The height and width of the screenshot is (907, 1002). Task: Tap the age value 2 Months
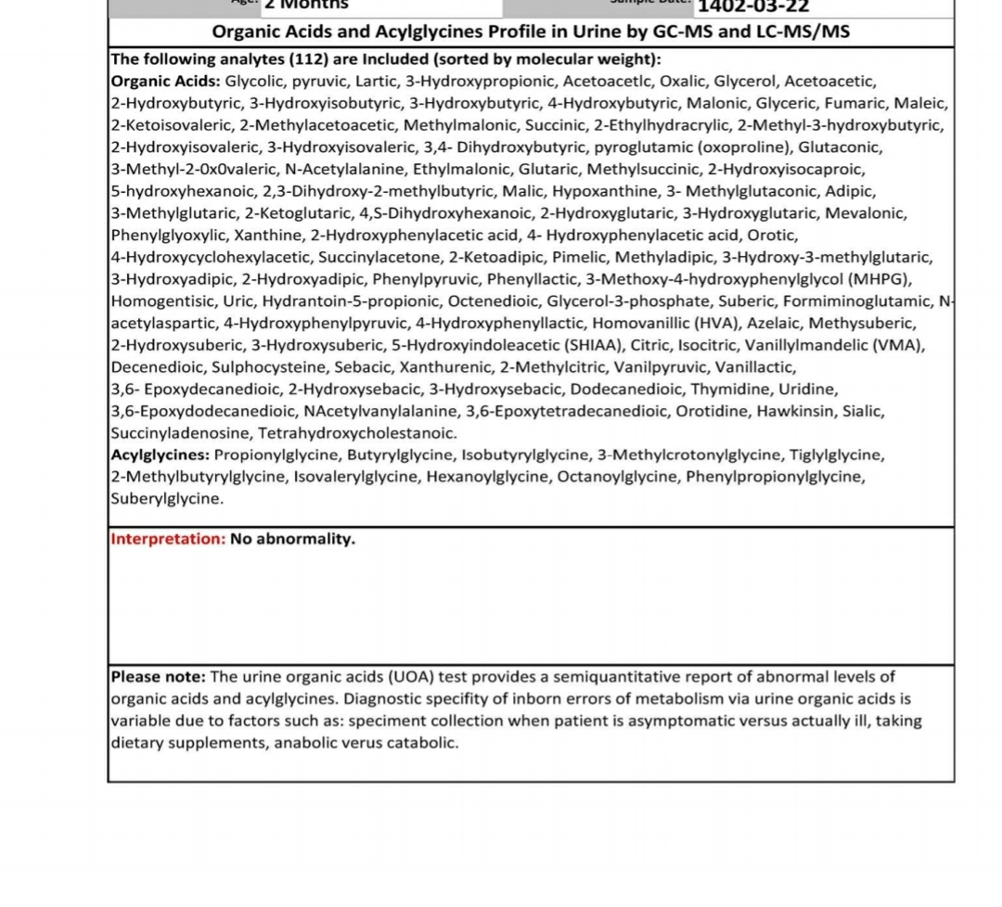click(306, 5)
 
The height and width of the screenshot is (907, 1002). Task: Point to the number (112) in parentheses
click(309, 59)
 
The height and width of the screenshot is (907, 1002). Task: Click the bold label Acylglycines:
click(161, 454)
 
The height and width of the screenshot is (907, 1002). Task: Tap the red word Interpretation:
click(168, 539)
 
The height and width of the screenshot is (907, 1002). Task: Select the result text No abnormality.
click(292, 539)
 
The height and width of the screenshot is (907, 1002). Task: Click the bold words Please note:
click(159, 676)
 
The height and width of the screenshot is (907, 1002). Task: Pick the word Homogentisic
click(163, 301)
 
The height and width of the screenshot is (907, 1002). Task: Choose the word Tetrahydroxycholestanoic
click(357, 433)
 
